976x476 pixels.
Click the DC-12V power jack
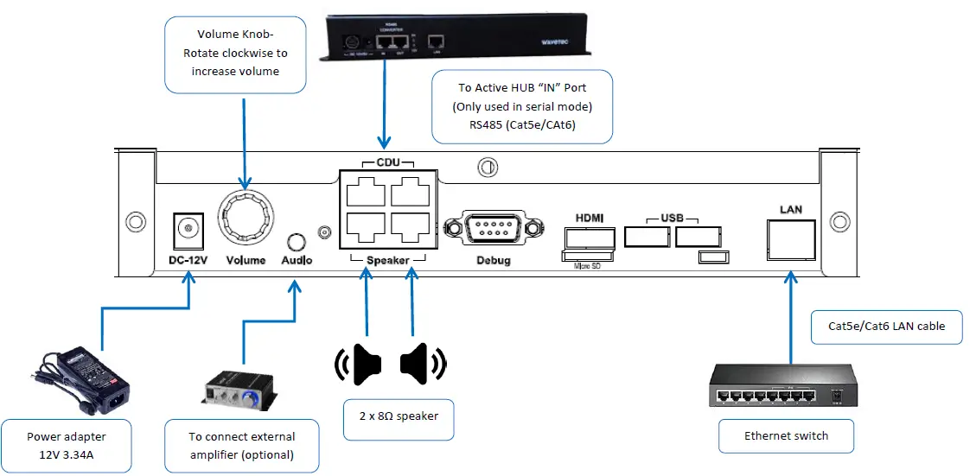(x=183, y=229)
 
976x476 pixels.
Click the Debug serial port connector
(x=490, y=231)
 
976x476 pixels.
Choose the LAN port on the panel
(x=790, y=239)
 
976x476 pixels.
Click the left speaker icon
(x=360, y=364)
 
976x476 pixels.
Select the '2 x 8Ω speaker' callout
(x=399, y=416)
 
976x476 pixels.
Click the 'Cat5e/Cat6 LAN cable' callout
(x=886, y=327)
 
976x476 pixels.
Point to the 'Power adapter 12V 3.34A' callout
(x=67, y=446)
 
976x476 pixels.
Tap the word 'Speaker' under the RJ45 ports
(x=388, y=259)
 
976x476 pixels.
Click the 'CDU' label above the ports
(x=388, y=163)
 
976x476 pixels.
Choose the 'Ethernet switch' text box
(x=786, y=435)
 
